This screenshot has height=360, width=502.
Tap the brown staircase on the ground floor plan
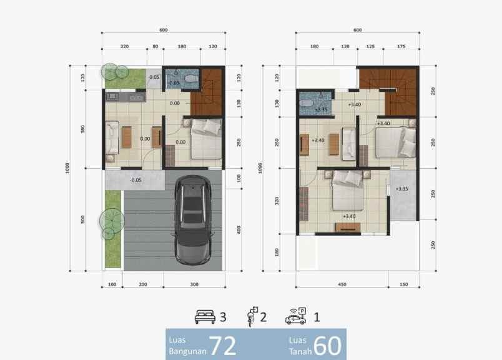pos(206,92)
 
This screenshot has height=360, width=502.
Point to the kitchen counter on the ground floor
pos(125,97)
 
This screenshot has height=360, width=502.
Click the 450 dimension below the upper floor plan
pos(342,284)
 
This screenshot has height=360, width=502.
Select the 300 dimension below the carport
pos(194,284)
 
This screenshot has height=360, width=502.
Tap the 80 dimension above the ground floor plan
pos(155,46)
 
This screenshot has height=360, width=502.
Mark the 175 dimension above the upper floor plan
pos(400,46)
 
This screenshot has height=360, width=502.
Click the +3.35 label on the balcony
pos(402,188)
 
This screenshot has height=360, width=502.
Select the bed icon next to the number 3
pos(205,317)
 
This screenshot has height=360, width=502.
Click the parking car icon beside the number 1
pos(295,316)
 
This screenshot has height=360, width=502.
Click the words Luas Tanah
pos(298,345)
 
